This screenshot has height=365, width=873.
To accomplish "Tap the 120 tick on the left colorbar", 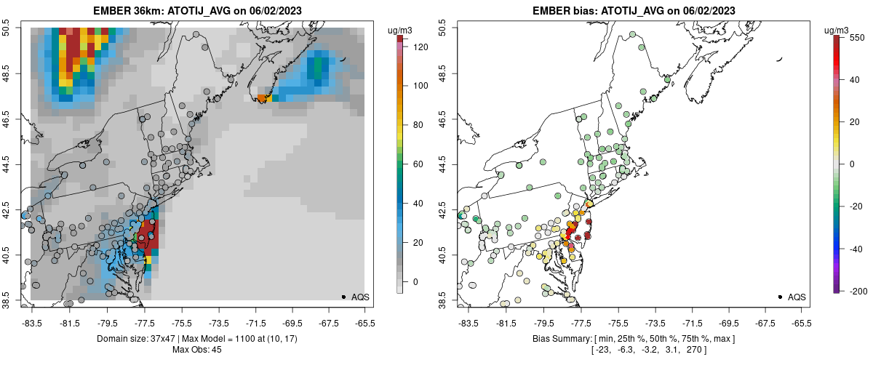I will point(420,47).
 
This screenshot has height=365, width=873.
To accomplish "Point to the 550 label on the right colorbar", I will point(856,37).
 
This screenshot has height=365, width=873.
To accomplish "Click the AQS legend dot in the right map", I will point(780,297).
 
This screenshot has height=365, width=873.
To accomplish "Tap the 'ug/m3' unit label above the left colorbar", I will point(402,30).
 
